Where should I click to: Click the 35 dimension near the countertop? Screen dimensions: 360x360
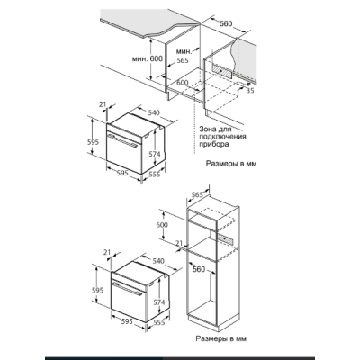point(249,90)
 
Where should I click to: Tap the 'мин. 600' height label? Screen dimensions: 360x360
point(148,58)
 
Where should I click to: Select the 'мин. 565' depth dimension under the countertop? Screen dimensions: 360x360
point(183,56)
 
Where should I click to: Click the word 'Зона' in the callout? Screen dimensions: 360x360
point(208,130)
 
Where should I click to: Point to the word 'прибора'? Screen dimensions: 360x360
point(214,144)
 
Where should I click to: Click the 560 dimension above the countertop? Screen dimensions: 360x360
point(226,23)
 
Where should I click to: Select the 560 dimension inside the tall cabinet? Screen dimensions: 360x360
point(199,269)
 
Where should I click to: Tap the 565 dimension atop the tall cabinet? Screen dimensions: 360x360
point(197,194)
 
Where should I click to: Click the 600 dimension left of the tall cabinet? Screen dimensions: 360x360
point(162,225)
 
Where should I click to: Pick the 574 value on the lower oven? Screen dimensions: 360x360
point(159,302)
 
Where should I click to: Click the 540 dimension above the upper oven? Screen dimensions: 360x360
point(154,112)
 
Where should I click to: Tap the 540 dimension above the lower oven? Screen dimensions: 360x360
point(158,261)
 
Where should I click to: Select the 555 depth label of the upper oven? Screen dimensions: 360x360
point(155,174)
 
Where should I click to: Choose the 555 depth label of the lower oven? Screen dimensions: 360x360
point(159,322)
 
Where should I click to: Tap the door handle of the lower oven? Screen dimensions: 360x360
point(127,289)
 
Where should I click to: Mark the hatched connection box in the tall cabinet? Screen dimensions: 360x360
point(226,239)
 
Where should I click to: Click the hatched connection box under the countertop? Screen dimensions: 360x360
point(222,71)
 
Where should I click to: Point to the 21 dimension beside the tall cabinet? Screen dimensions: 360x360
point(179,244)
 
